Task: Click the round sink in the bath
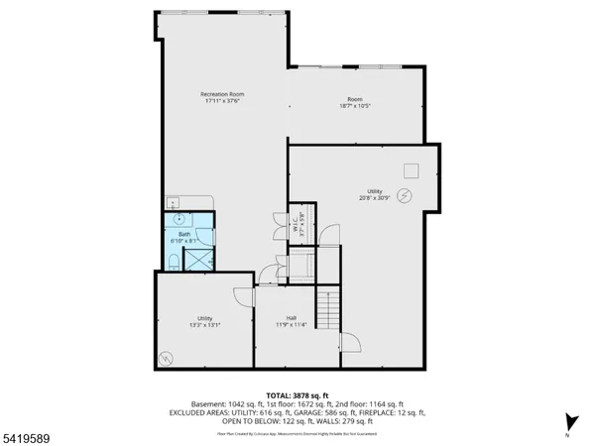point(178,218)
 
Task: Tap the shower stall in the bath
point(198,259)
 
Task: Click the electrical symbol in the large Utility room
point(404,194)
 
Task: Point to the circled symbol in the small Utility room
point(165,359)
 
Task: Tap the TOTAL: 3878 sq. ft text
point(297,393)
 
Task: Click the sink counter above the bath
point(177,201)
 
